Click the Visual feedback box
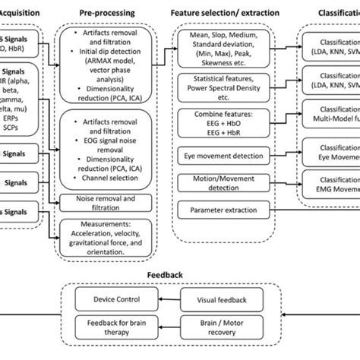(x=227, y=299)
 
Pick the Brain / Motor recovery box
(x=227, y=327)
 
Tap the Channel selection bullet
(x=114, y=177)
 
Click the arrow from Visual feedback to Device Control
(x=166, y=299)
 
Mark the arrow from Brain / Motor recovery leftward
(x=166, y=327)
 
